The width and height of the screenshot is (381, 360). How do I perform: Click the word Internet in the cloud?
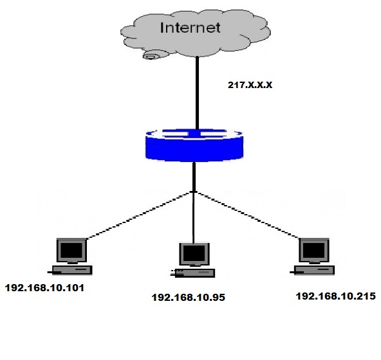point(190,28)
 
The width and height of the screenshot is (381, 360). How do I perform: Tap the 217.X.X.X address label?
point(250,85)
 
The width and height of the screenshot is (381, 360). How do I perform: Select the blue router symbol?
point(194,145)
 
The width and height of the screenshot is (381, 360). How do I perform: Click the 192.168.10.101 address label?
point(44,288)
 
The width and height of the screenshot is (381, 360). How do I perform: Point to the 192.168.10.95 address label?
point(189,298)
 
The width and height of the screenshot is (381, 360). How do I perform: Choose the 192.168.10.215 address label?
point(336,296)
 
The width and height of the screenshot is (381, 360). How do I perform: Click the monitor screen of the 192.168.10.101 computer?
point(71,251)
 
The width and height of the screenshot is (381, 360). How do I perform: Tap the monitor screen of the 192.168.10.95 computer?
point(194,254)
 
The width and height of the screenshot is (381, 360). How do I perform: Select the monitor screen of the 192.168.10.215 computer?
point(314,250)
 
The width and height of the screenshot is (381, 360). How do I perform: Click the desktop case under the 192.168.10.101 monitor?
point(72,271)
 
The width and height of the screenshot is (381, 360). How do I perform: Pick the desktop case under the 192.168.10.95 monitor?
point(195,273)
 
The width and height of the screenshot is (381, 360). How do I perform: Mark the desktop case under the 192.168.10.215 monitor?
point(315,270)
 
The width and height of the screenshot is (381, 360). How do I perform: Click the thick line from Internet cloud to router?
point(198,93)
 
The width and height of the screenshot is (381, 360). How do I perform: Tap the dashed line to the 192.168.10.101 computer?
point(140,215)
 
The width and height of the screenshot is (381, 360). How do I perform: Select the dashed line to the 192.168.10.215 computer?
point(247,215)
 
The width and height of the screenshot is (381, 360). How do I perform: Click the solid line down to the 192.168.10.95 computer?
point(194,217)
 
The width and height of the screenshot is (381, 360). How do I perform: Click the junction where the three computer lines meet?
point(194,192)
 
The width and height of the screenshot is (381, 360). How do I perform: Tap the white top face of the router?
point(194,134)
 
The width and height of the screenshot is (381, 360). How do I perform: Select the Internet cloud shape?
point(196,33)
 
